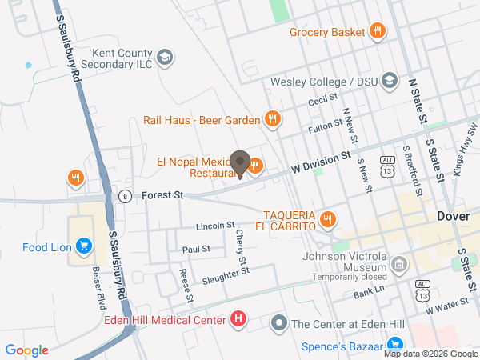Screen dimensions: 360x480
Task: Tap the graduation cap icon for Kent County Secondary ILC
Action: point(164,57)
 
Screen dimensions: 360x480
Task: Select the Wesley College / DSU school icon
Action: point(389,80)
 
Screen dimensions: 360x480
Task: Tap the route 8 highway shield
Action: point(125,194)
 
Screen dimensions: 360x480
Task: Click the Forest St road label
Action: point(162,194)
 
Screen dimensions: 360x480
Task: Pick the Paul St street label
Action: point(196,250)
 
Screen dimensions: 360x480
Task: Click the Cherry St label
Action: point(241,248)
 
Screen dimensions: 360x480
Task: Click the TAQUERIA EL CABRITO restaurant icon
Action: point(327,218)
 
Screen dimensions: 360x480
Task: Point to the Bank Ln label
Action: point(370,293)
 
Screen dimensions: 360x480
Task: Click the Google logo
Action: point(27,350)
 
